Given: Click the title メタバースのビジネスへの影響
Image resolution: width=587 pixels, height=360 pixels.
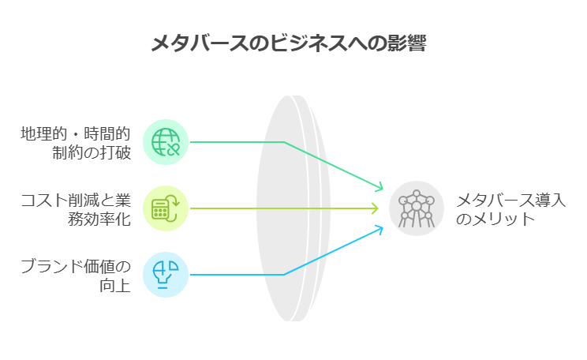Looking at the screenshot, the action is pyautogui.click(x=289, y=43).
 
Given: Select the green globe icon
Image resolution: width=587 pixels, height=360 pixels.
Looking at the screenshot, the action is pyautogui.click(x=166, y=142).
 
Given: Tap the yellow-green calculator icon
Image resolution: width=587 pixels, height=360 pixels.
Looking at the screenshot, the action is pyautogui.click(x=166, y=208).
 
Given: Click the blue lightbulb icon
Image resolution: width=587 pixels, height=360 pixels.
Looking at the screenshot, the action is pyautogui.click(x=166, y=275).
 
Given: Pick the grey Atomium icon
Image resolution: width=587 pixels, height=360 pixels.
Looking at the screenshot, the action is pyautogui.click(x=417, y=208).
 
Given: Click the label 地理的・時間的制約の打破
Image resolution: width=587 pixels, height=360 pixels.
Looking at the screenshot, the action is pyautogui.click(x=76, y=143).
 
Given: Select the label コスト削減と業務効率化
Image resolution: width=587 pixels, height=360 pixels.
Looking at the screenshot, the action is pyautogui.click(x=76, y=209).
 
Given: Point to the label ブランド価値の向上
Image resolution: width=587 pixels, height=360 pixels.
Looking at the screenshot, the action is pyautogui.click(x=76, y=276).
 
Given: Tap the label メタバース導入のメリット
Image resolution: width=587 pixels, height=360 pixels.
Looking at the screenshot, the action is pyautogui.click(x=510, y=209).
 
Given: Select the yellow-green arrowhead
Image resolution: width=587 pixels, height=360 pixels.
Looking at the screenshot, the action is pyautogui.click(x=375, y=208).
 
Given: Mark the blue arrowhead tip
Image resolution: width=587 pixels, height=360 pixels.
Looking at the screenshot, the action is pyautogui.click(x=383, y=227).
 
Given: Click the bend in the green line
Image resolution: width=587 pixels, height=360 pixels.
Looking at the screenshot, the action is pyautogui.click(x=284, y=142).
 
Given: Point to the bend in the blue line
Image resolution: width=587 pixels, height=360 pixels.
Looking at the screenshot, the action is pyautogui.click(x=284, y=275).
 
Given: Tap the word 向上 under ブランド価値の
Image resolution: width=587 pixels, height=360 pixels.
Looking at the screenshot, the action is pyautogui.click(x=115, y=286).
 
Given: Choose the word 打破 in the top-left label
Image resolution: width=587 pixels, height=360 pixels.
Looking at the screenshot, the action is pyautogui.click(x=115, y=153).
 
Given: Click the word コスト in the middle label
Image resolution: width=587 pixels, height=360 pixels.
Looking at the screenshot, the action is pyautogui.click(x=44, y=201).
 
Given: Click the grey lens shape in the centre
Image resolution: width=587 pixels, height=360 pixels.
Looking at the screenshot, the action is pyautogui.click(x=293, y=208).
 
